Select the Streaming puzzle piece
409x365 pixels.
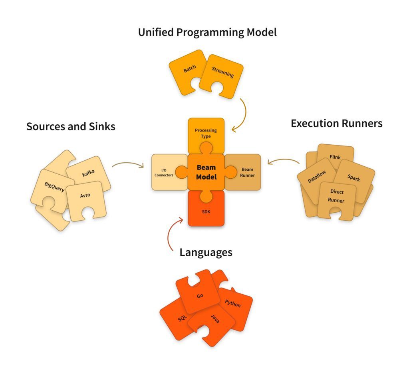pyautogui.click(x=222, y=75)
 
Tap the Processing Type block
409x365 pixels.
pyautogui.click(x=206, y=133)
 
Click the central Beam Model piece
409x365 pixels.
pyautogui.click(x=206, y=172)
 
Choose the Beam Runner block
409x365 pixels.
pyautogui.click(x=245, y=172)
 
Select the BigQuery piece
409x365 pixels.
pyautogui.click(x=55, y=187)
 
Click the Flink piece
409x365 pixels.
pyautogui.click(x=335, y=157)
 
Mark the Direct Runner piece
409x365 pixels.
pyautogui.click(x=336, y=196)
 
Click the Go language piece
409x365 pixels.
pyautogui.click(x=200, y=296)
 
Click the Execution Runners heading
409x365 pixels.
pyautogui.click(x=336, y=124)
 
